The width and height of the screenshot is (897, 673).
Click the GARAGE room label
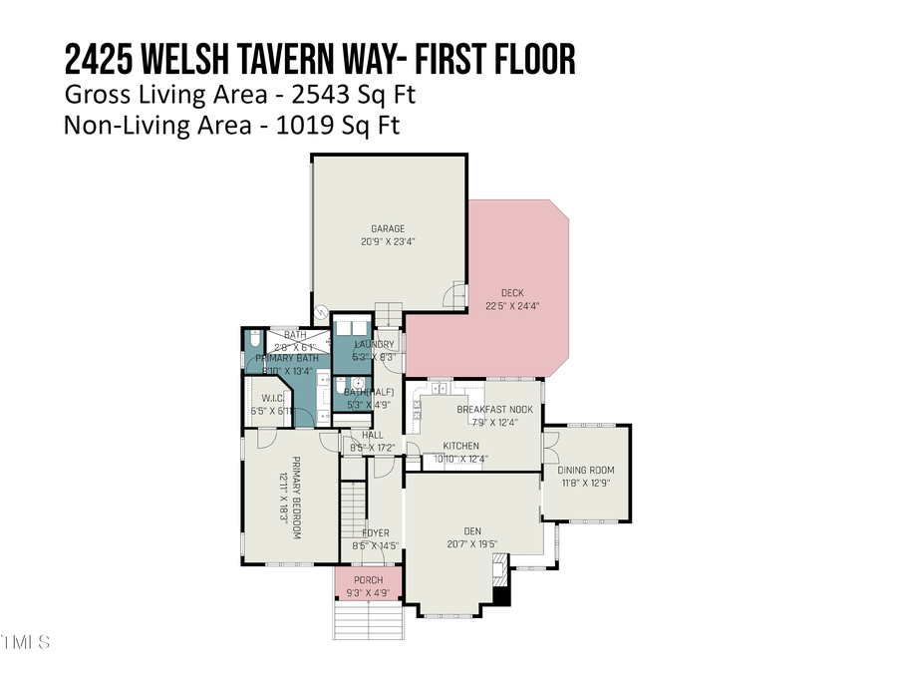click(388, 228)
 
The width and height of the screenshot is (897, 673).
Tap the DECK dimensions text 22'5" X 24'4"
click(504, 305)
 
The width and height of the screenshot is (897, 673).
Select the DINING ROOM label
click(585, 471)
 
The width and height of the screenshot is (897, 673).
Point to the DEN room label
click(473, 530)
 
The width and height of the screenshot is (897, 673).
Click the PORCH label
click(368, 580)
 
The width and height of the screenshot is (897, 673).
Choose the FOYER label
click(376, 533)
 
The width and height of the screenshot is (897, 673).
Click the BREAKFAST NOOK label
click(494, 410)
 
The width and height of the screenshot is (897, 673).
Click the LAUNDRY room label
click(375, 344)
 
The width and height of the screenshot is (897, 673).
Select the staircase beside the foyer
click(351, 507)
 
